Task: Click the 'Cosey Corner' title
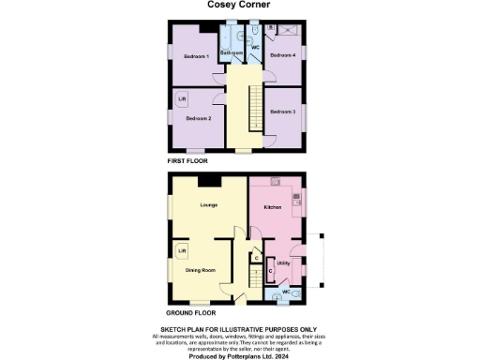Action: (x=238, y=5)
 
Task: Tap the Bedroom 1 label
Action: (x=196, y=58)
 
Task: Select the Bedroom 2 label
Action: (x=198, y=119)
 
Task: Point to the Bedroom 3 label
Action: (x=283, y=112)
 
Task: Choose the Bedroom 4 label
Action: (x=283, y=56)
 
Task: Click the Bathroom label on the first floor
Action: (x=232, y=53)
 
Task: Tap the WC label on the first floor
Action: (x=255, y=46)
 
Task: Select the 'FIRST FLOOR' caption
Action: (x=187, y=161)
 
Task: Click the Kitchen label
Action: (x=273, y=206)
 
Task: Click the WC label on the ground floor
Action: (x=285, y=293)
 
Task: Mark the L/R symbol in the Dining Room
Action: (x=182, y=251)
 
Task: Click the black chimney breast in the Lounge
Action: (x=215, y=181)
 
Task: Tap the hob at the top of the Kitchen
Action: (x=276, y=180)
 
